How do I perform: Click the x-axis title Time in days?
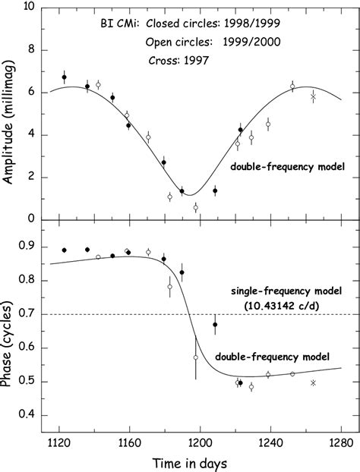point(200,461)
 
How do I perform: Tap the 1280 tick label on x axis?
point(340,439)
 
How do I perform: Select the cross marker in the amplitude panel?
point(313,96)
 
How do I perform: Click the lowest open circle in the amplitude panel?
point(195,207)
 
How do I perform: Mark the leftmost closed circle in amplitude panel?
point(65,77)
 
